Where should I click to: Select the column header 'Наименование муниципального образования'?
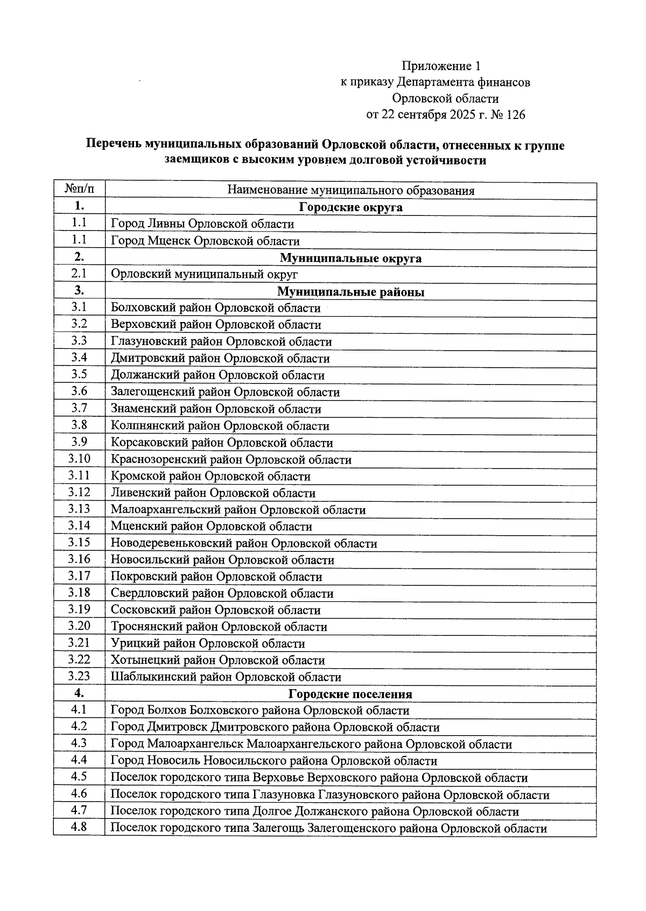point(350,191)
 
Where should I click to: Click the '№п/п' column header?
point(79,190)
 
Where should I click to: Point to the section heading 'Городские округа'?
point(350,207)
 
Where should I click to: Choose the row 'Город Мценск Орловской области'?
point(205,241)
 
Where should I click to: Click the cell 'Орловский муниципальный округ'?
point(204,275)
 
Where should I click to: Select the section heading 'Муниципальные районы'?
point(350,292)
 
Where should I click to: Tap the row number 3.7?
point(79,408)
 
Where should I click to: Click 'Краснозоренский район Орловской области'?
point(231,460)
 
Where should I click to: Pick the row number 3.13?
point(79,509)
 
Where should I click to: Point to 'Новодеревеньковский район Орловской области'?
point(244,544)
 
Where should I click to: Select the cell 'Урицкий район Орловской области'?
point(208,644)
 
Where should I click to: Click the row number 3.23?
point(79,676)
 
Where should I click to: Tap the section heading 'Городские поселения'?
point(350,694)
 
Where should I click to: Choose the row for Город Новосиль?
point(273,761)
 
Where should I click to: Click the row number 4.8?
point(79,827)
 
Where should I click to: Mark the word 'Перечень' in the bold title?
point(114,145)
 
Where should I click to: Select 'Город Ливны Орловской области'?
point(202,224)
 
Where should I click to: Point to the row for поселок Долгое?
point(314,811)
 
